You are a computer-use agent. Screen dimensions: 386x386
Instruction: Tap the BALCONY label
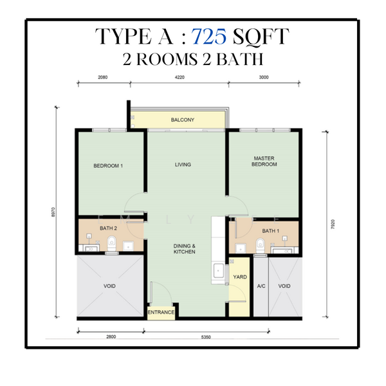pos(183,120)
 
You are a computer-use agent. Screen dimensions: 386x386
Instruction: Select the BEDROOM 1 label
pos(108,165)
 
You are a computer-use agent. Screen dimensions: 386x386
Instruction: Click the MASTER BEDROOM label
pos(265,161)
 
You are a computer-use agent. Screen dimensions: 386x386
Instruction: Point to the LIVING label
pos(183,165)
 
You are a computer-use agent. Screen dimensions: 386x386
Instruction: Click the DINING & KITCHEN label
pos(183,248)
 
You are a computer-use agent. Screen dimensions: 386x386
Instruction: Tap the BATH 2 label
pos(107,228)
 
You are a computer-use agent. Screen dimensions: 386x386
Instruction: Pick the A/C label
pos(261,286)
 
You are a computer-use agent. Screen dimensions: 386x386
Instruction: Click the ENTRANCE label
pos(161,313)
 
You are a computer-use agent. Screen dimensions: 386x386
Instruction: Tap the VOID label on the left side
pos(109,286)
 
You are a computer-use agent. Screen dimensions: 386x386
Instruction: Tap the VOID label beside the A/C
pos(284,286)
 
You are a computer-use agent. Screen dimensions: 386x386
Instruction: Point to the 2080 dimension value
pos(104,77)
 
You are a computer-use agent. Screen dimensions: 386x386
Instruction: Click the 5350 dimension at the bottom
pos(207,337)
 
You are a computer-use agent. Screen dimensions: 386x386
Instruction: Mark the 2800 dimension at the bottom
pos(110,337)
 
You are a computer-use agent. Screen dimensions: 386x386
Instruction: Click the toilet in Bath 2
pos(112,243)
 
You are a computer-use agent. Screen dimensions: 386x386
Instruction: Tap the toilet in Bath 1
pos(261,244)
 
